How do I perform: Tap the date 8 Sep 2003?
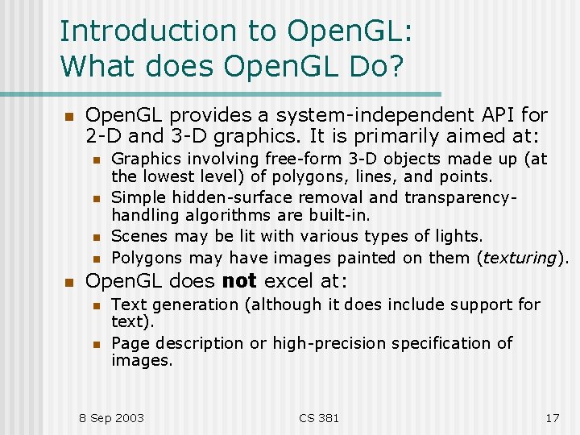coord(111,417)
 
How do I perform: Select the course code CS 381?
coord(319,417)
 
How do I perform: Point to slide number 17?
coord(552,417)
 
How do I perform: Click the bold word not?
coord(238,281)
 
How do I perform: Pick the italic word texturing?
coord(520,258)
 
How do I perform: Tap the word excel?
coord(286,281)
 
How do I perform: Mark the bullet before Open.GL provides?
coord(68,117)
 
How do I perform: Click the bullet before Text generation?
coord(95,305)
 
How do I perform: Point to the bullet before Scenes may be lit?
coord(95,238)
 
